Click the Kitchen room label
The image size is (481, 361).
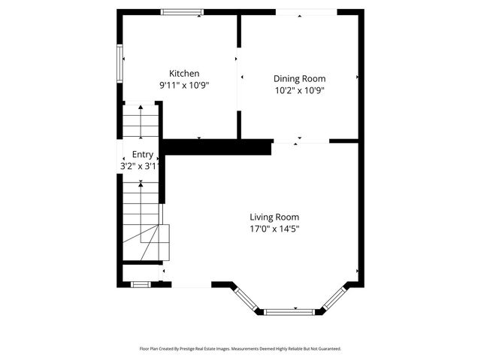(184, 73)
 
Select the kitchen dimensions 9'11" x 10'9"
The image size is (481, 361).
(184, 85)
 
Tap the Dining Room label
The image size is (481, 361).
(299, 78)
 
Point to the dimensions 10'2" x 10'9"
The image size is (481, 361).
(299, 90)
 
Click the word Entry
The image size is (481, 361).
(142, 154)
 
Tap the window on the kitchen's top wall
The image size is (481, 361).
(182, 12)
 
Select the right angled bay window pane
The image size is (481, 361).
(334, 298)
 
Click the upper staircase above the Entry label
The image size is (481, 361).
(141, 120)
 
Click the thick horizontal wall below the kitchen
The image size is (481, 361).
(216, 147)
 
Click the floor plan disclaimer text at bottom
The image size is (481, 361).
(240, 349)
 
